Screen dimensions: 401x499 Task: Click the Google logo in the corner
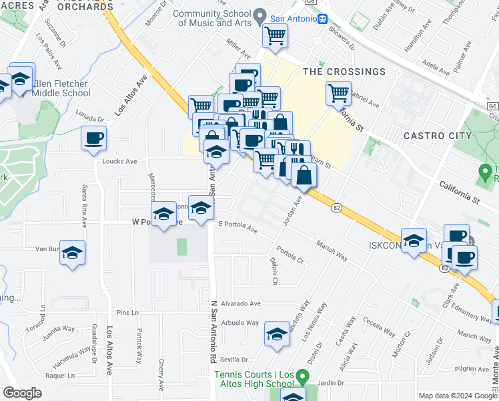pyautogui.click(x=22, y=393)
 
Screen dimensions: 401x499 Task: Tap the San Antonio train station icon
pyautogui.click(x=322, y=19)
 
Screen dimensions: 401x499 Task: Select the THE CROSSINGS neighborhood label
pyautogui.click(x=344, y=72)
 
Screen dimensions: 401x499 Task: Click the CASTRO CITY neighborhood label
pyautogui.click(x=438, y=136)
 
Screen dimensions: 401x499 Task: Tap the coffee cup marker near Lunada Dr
pyautogui.click(x=93, y=138)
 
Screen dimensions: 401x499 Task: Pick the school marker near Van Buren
pyautogui.click(x=73, y=253)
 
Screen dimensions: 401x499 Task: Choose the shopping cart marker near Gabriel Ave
pyautogui.click(x=339, y=93)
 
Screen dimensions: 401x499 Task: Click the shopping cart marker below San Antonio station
pyautogui.click(x=275, y=36)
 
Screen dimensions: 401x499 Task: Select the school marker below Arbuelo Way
pyautogui.click(x=277, y=336)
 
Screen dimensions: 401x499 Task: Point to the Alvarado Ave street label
pyautogui.click(x=237, y=302)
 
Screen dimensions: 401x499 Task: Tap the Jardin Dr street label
pyautogui.click(x=330, y=383)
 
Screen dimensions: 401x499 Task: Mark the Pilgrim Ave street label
pyautogui.click(x=474, y=368)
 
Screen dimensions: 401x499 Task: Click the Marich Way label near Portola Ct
pyautogui.click(x=332, y=251)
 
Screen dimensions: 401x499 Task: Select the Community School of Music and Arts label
pyautogui.click(x=211, y=18)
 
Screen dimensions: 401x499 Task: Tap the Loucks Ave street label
pyautogui.click(x=119, y=161)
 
